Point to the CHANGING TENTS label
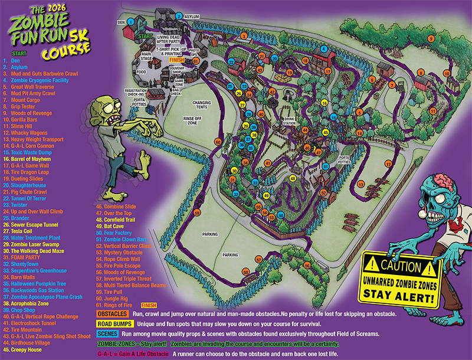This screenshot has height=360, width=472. pos(201,105)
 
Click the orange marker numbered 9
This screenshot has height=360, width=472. pos(430,39)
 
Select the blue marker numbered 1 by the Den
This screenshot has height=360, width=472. pos(130,21)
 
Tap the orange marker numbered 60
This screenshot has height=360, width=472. pos(218,142)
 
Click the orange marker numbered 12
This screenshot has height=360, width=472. pos(388,163)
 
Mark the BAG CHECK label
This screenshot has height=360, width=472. pos(176,91)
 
